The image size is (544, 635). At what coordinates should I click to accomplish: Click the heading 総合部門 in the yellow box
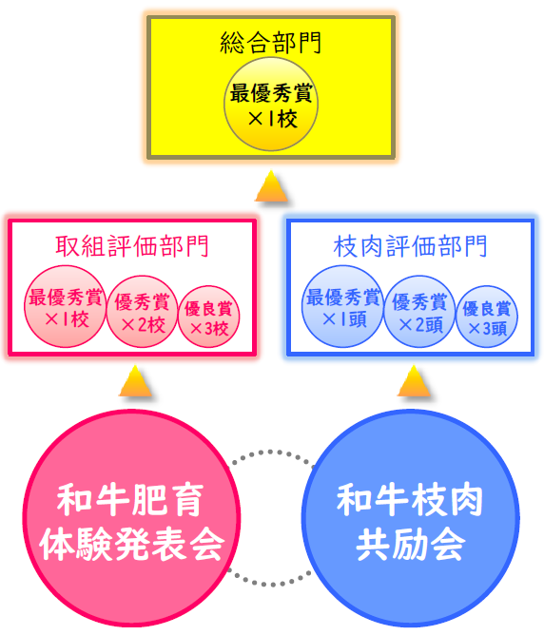(271, 43)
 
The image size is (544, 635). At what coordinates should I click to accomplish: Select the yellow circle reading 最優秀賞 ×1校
(271, 104)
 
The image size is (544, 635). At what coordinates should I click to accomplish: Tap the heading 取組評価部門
(132, 246)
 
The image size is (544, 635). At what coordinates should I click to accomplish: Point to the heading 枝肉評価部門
(410, 246)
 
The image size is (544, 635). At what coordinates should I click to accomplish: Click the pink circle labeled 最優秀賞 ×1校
(66, 306)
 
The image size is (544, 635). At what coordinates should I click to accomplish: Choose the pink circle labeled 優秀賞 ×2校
(142, 312)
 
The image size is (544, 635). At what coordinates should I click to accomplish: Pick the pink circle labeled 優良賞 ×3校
(208, 317)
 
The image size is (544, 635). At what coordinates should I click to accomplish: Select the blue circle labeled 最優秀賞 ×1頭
(343, 306)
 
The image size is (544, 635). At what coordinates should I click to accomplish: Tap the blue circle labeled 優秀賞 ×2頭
(419, 312)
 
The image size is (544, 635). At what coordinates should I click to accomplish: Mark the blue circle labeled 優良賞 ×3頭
(487, 317)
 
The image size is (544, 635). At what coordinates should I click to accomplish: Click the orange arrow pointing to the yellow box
(271, 186)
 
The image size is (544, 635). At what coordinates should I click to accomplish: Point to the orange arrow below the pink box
(135, 381)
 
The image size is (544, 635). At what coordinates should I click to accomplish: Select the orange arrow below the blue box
(414, 381)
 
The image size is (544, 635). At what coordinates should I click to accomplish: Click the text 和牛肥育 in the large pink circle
(130, 501)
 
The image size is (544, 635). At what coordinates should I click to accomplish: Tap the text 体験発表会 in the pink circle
(132, 545)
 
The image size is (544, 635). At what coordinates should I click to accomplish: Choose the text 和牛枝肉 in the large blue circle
(410, 500)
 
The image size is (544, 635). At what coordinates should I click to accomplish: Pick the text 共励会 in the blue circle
(410, 544)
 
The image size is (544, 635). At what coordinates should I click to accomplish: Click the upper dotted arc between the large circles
(270, 452)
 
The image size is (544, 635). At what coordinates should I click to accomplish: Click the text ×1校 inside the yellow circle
(273, 119)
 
